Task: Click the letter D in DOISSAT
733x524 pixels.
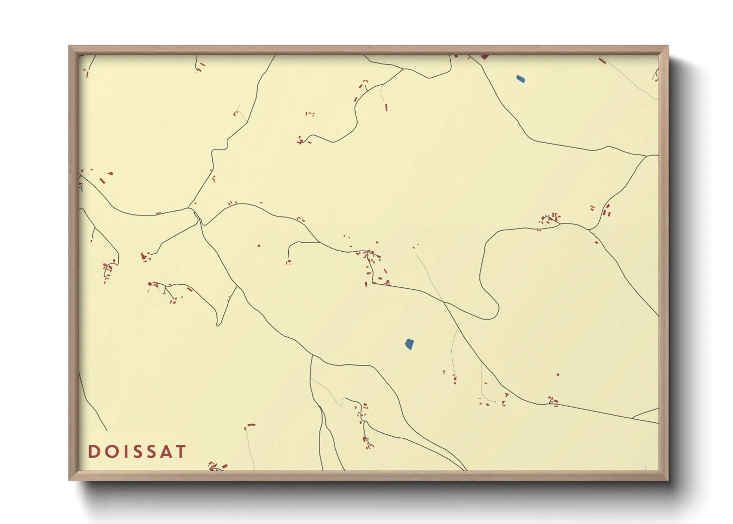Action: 93,451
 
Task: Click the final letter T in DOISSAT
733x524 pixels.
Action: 181,451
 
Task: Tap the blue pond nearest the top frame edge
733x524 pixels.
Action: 521,79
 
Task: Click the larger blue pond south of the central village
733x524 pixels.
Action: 409,344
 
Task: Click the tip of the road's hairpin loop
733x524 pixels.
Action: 497,312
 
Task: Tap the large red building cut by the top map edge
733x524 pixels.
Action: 484,57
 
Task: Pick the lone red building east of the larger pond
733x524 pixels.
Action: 558,374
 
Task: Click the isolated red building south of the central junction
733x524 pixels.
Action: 259,245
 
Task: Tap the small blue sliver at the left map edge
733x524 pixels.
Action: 81,188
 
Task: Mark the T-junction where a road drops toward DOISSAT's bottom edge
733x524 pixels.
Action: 311,355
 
